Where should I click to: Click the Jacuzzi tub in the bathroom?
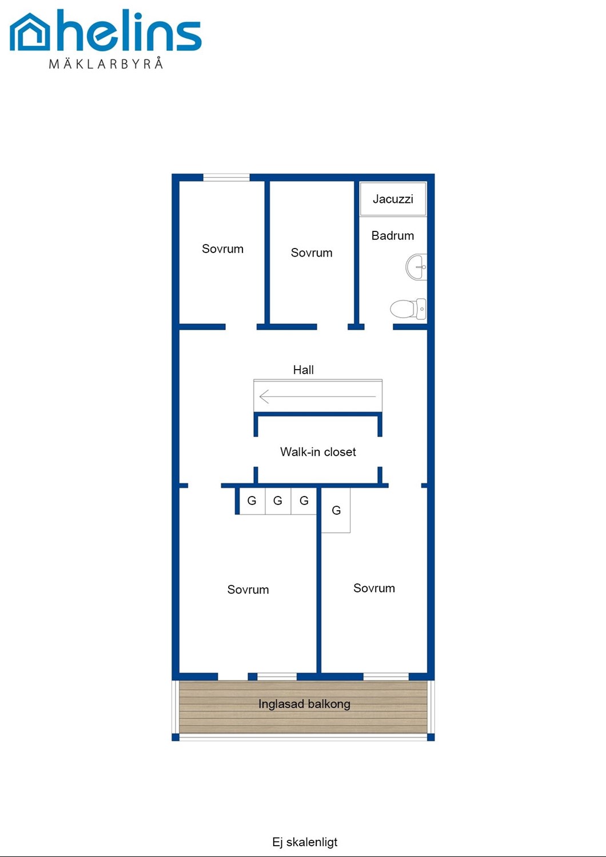pyautogui.click(x=393, y=199)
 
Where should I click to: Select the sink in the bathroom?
pyautogui.click(x=417, y=267)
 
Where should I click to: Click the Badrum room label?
pyautogui.click(x=393, y=235)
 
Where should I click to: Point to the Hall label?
pyautogui.click(x=303, y=370)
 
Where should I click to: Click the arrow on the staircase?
pyautogui.click(x=317, y=396)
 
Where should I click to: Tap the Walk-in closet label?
pyautogui.click(x=318, y=452)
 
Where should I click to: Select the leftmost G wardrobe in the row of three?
pyautogui.click(x=252, y=501)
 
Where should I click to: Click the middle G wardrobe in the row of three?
pyautogui.click(x=278, y=501)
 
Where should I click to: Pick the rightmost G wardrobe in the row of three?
pyautogui.click(x=304, y=501)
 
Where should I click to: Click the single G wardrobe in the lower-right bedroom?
pyautogui.click(x=336, y=511)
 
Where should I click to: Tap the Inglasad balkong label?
pyautogui.click(x=304, y=704)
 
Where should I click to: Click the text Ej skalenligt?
pyautogui.click(x=305, y=842)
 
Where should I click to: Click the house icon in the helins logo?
pyautogui.click(x=30, y=33)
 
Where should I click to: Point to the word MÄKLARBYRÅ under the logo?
pyautogui.click(x=106, y=63)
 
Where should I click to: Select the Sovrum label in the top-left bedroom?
pyautogui.click(x=222, y=249)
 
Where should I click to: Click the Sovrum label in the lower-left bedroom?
pyautogui.click(x=248, y=590)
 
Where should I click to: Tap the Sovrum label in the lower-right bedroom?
pyautogui.click(x=374, y=588)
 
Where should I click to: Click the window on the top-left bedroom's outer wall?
pyautogui.click(x=226, y=177)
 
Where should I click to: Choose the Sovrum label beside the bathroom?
pyautogui.click(x=312, y=253)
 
